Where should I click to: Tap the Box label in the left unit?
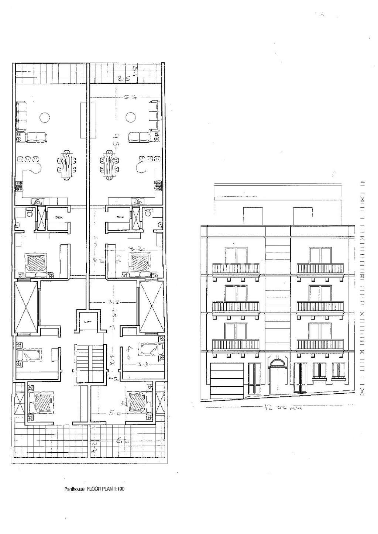(x=59, y=217)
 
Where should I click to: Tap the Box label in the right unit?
(x=120, y=217)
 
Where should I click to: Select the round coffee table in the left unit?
(x=44, y=118)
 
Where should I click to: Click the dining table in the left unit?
(x=67, y=165)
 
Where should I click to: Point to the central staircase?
(x=88, y=363)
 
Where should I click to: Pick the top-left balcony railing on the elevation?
(x=236, y=268)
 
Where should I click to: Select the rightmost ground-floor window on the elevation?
(x=338, y=371)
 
